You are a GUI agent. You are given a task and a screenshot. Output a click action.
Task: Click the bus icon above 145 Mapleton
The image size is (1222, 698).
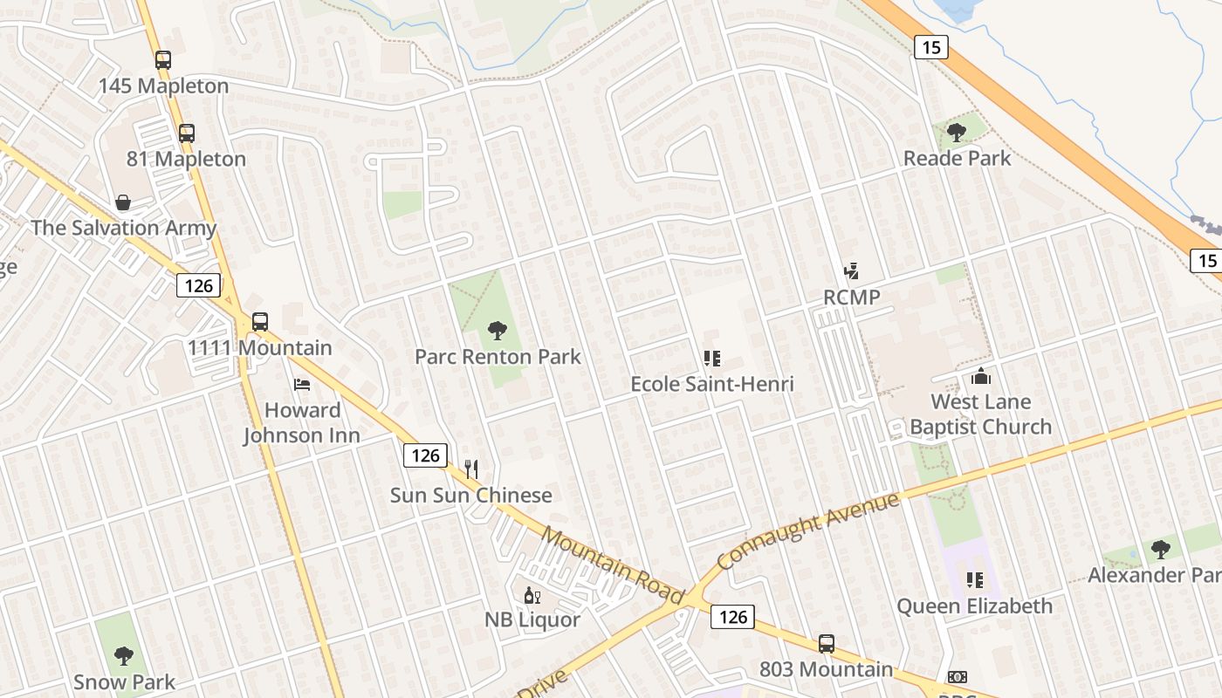coord(163,60)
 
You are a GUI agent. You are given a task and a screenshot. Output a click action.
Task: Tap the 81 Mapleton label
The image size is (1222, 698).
coord(186,159)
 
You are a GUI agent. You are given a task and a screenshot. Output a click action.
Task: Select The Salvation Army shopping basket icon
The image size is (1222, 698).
coord(123,202)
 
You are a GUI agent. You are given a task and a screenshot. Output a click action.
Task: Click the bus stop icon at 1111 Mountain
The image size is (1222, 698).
coord(259,321)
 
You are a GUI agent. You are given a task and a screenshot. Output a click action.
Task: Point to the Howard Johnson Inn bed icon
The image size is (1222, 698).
coord(302,384)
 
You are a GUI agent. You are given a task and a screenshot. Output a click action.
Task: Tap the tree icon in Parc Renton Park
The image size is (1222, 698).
coord(498,331)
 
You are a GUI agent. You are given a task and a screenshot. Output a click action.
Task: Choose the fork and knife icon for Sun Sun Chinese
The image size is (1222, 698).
coord(471,469)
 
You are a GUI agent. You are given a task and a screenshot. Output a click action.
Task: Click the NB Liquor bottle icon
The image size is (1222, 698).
coord(532,596)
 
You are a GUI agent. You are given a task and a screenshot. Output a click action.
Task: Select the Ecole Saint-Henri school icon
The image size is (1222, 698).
coord(712,358)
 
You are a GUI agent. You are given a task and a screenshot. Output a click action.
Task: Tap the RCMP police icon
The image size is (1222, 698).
coord(852,271)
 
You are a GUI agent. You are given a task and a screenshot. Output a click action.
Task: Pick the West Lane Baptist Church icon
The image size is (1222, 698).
coord(981,377)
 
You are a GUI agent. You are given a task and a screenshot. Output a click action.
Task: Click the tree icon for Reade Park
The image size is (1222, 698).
coord(957,133)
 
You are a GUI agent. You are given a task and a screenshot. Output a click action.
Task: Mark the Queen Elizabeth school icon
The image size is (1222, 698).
coord(975,580)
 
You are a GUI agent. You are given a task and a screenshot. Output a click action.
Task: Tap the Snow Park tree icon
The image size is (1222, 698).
coord(124,655)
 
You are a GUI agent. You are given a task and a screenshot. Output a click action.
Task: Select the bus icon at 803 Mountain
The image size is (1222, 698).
coord(826,644)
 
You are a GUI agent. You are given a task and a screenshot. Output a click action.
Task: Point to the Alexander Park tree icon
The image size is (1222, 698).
coord(1160,550)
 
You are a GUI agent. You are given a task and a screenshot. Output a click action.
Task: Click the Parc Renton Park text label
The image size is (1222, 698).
coord(498,357)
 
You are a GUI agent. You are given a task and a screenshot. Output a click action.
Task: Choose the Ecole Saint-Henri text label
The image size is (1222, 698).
coord(712,384)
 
